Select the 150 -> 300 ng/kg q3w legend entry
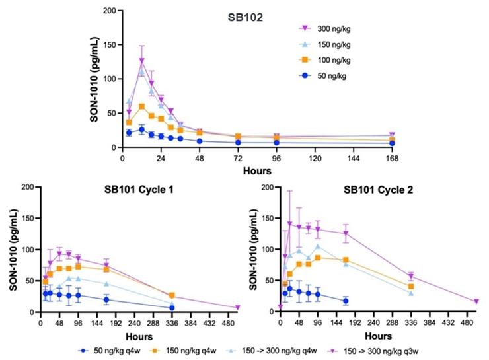click(418, 351)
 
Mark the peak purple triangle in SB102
click(141, 61)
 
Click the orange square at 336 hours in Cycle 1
click(172, 295)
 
